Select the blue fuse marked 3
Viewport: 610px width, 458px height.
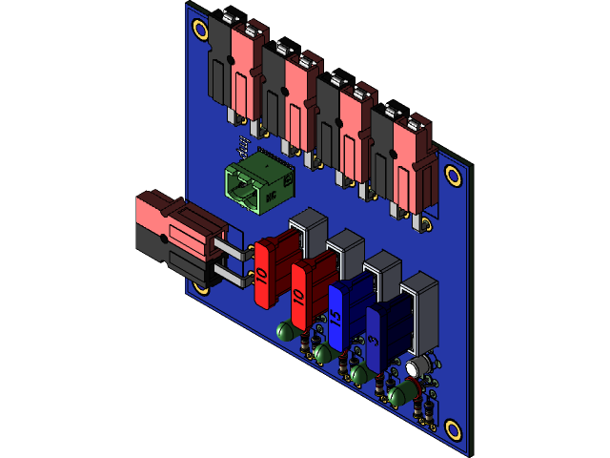tap(383, 336)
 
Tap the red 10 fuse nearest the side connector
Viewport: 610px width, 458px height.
tap(273, 273)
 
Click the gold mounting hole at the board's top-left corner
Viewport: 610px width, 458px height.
tap(201, 30)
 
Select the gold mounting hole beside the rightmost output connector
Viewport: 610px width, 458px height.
tap(454, 176)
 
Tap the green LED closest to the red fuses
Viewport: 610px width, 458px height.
tap(284, 332)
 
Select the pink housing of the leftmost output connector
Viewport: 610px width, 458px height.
tap(249, 72)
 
